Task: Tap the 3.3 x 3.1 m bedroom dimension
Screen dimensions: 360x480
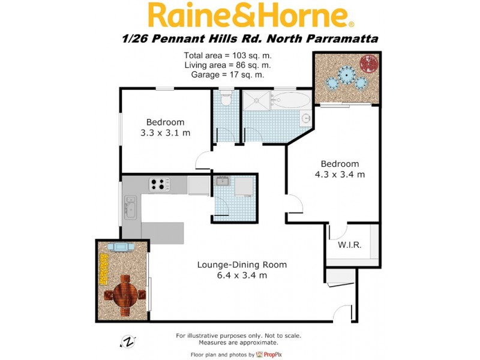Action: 165,133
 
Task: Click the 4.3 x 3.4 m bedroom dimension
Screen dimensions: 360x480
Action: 340,175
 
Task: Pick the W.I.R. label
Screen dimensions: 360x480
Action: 349,245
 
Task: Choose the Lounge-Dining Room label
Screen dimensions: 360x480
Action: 242,265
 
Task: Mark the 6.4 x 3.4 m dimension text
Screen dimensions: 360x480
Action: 242,275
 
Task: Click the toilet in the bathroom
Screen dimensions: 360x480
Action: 226,100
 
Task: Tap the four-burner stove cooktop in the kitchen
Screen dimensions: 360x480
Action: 160,184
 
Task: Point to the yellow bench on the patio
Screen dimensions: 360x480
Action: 104,269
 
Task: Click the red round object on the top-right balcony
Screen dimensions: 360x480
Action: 367,62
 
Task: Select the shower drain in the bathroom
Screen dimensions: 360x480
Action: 259,100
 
